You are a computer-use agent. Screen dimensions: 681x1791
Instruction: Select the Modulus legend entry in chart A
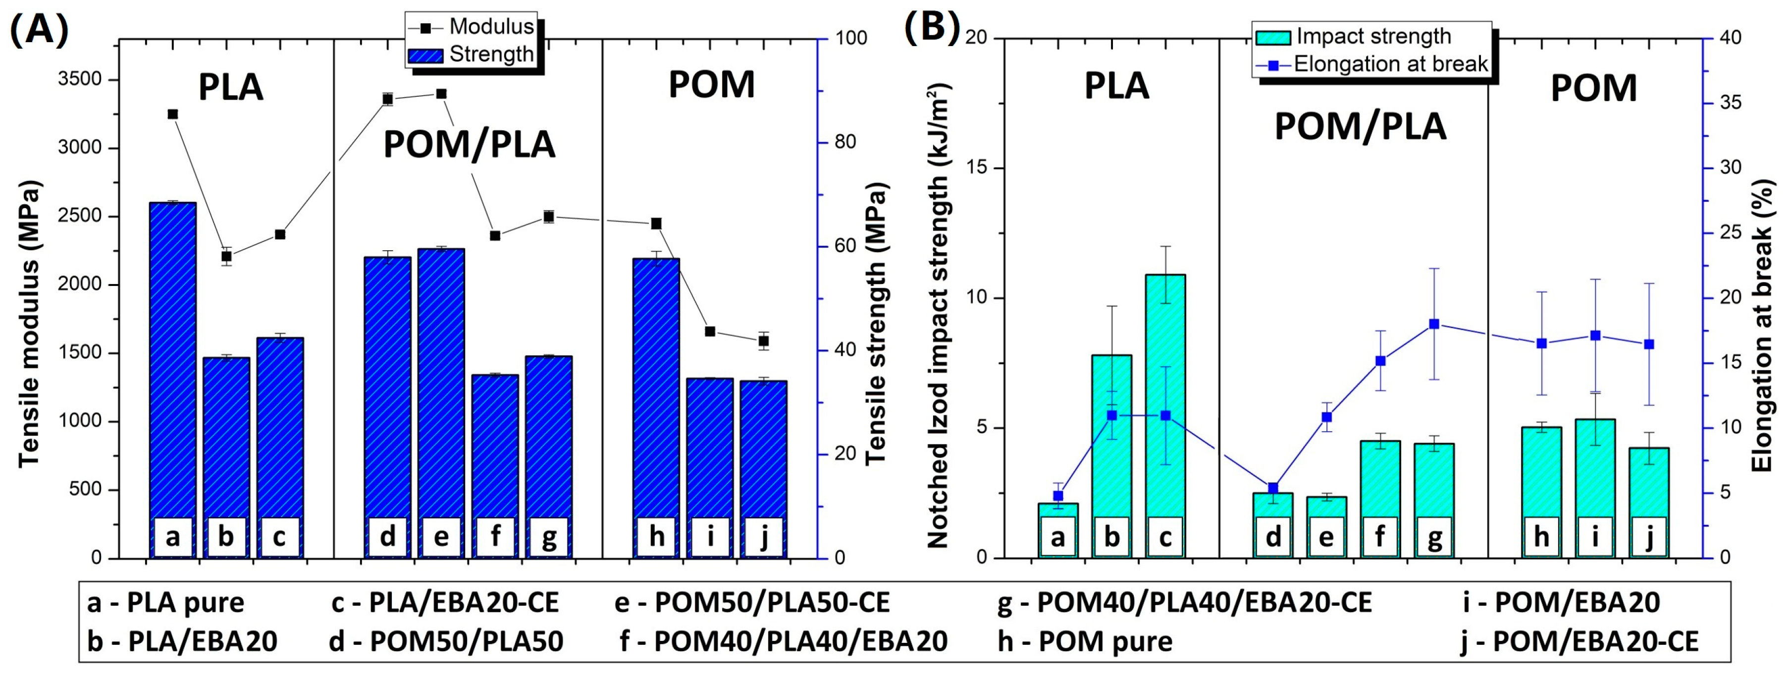coord(472,26)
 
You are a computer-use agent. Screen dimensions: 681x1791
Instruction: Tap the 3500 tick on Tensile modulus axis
coord(79,79)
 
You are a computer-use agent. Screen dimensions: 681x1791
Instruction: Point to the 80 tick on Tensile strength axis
coord(845,142)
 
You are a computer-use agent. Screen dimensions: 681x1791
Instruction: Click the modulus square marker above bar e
coord(441,94)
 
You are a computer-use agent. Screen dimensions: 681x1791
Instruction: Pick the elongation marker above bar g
coord(1433,324)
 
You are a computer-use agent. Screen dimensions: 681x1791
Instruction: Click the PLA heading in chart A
coord(231,88)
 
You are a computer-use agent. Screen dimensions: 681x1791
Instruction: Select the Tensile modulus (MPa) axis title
coord(30,324)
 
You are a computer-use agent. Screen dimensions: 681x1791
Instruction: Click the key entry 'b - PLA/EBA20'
coord(182,641)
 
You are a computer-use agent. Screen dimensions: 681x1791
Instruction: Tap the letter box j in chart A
coord(763,536)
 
